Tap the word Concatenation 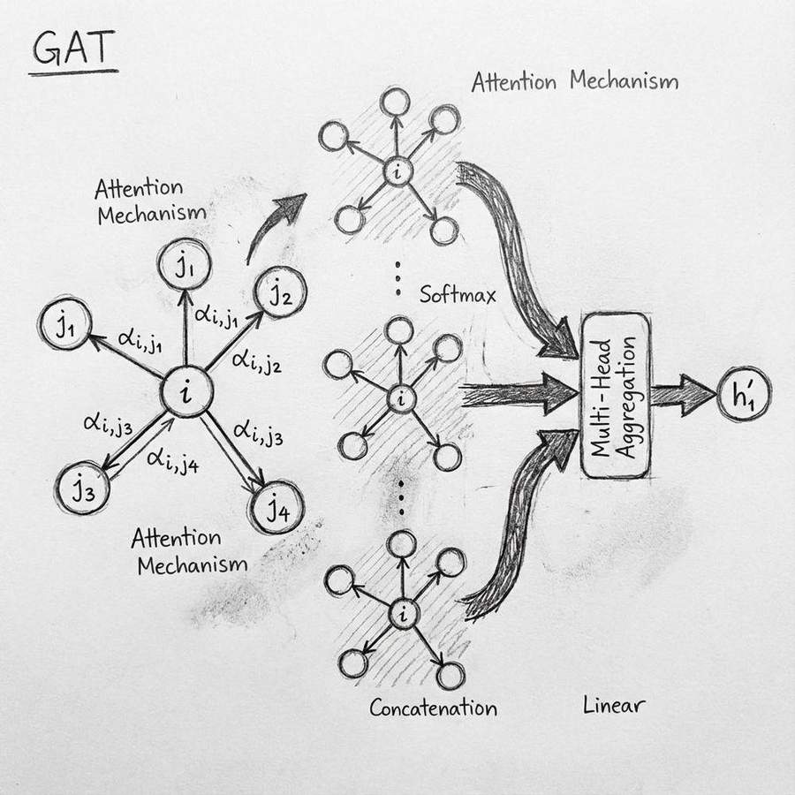pyautogui.click(x=433, y=708)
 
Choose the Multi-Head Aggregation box pyautogui.click(x=617, y=397)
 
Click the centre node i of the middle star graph pyautogui.click(x=400, y=399)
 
